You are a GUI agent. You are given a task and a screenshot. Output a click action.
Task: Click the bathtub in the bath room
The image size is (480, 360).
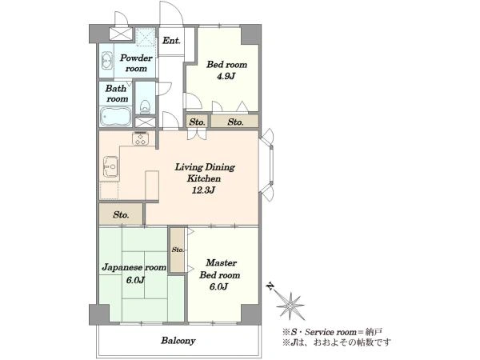coord(115,116)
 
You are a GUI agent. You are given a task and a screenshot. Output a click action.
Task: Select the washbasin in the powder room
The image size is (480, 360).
coord(106,61)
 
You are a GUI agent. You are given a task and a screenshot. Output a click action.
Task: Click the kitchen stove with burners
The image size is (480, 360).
coord(140,138)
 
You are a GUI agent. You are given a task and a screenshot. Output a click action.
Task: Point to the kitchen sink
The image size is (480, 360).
coord(110,167)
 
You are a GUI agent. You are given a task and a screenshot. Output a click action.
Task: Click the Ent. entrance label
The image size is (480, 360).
coord(171,41)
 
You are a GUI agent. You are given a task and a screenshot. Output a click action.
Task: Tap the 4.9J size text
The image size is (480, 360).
coord(226,76)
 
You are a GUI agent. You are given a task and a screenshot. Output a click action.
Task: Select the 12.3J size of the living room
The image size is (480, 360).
coord(203,190)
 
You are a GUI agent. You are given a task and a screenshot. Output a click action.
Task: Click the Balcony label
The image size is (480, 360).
coord(178,341)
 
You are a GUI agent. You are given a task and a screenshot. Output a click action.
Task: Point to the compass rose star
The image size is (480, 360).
coord(290,306)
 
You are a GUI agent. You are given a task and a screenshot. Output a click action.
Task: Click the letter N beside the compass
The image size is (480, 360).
coord(270,286)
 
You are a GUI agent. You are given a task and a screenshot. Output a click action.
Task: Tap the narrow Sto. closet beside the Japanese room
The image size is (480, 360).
coord(178,250)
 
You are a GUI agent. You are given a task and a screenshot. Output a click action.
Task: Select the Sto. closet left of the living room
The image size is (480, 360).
coord(121,214)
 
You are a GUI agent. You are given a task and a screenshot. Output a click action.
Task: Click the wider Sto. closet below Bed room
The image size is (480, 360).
coord(234,122)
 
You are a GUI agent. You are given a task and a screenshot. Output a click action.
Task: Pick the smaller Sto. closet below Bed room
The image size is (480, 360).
coord(197,122)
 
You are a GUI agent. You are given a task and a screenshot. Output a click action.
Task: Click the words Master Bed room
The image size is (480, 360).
coord(220,269)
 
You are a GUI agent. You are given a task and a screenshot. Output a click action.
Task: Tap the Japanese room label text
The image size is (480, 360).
coord(134,267)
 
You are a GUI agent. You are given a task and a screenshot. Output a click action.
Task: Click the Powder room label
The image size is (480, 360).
coord(136,63)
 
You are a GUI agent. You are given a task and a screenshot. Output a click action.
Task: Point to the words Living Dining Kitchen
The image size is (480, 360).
coord(205,173)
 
